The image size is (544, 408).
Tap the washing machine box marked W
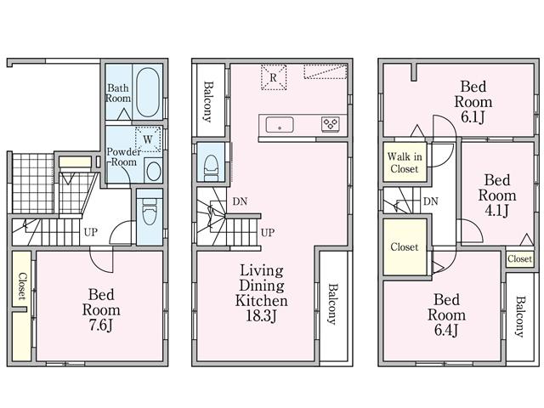(147, 139)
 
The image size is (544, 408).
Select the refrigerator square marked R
(274, 76)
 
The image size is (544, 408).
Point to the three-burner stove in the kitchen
(331, 125)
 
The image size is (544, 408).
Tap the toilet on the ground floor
(149, 212)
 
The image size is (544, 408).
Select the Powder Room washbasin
(153, 170)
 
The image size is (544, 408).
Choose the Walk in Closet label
(404, 163)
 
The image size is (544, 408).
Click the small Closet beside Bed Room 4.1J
(519, 258)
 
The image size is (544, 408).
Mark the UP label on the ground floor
(89, 231)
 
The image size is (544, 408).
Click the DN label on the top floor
(431, 201)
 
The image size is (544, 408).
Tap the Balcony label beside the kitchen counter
(207, 100)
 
